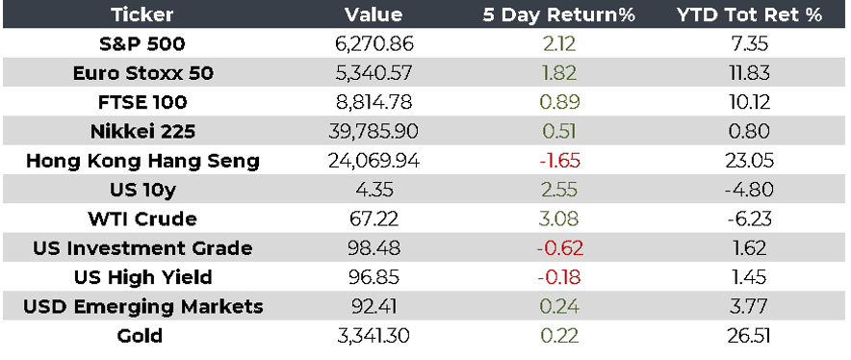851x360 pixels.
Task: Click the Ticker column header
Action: [142, 14]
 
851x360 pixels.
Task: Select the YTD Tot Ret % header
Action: [749, 14]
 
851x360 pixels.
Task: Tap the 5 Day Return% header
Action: [558, 14]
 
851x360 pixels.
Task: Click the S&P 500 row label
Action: [142, 44]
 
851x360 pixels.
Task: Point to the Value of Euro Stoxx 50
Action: [374, 73]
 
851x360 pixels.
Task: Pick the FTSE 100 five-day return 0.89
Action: [558, 102]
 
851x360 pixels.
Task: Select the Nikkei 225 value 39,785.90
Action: [374, 132]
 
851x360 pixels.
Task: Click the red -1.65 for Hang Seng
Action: [558, 161]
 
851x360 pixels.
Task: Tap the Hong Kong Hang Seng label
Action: [142, 162]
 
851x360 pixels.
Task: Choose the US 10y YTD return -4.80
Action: [749, 190]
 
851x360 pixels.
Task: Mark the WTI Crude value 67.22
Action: [374, 219]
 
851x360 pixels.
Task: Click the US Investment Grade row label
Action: [142, 248]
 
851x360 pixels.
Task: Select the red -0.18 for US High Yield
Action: [558, 277]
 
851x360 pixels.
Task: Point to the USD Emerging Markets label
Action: [142, 307]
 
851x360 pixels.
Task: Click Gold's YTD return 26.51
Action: [749, 336]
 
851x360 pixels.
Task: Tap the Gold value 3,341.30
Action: [374, 336]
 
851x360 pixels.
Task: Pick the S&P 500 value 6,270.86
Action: [374, 44]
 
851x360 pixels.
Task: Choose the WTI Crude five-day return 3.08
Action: [558, 219]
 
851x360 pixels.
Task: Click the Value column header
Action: [374, 14]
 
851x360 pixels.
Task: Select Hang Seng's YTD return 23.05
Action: [749, 161]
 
